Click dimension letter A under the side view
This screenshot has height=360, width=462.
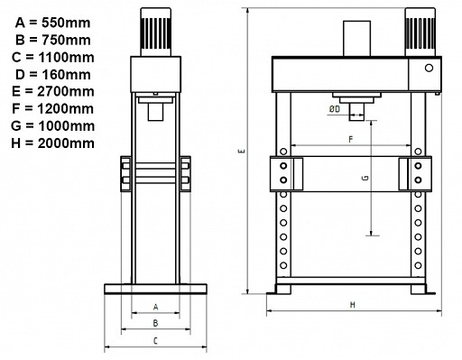click(155, 307)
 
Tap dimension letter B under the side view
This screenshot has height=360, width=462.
click(155, 322)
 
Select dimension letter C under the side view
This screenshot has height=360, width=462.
click(155, 340)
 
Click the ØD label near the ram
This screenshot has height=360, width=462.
click(335, 110)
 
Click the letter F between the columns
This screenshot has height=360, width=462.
click(349, 140)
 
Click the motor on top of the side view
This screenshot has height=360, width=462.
click(155, 32)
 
